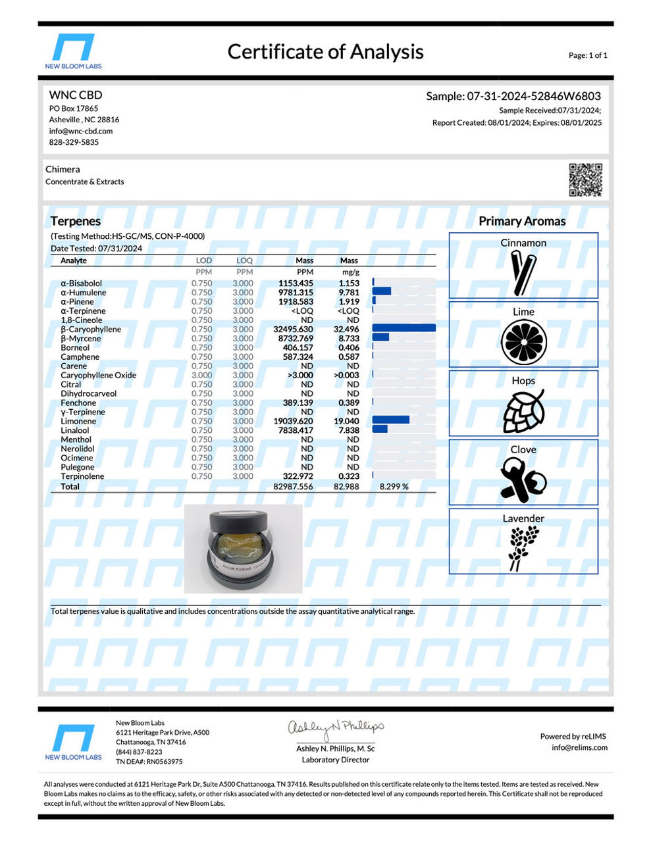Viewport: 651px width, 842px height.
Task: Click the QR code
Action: pyautogui.click(x=585, y=180)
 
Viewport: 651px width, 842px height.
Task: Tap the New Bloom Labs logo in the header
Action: pyautogui.click(x=73, y=51)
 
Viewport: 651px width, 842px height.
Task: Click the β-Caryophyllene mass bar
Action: pyautogui.click(x=404, y=328)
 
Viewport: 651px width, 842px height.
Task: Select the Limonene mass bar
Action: pyautogui.click(x=390, y=420)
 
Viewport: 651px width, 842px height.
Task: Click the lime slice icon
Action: pyautogui.click(x=523, y=343)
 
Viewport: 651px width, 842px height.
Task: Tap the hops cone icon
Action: pyautogui.click(x=523, y=410)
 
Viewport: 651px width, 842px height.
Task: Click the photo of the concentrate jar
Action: pyautogui.click(x=243, y=549)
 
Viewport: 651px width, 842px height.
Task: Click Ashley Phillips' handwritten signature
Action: pyautogui.click(x=335, y=728)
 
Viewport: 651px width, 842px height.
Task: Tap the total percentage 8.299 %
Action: pyautogui.click(x=394, y=487)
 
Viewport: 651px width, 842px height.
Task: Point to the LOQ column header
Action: pyautogui.click(x=244, y=260)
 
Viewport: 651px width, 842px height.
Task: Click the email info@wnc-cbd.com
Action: pyautogui.click(x=80, y=131)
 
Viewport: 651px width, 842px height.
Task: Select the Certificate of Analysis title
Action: pyautogui.click(x=325, y=51)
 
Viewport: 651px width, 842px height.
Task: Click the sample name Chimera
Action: pyautogui.click(x=63, y=169)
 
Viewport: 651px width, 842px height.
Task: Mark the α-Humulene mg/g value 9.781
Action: pyautogui.click(x=349, y=292)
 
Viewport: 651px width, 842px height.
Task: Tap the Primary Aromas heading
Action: pyautogui.click(x=522, y=221)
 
